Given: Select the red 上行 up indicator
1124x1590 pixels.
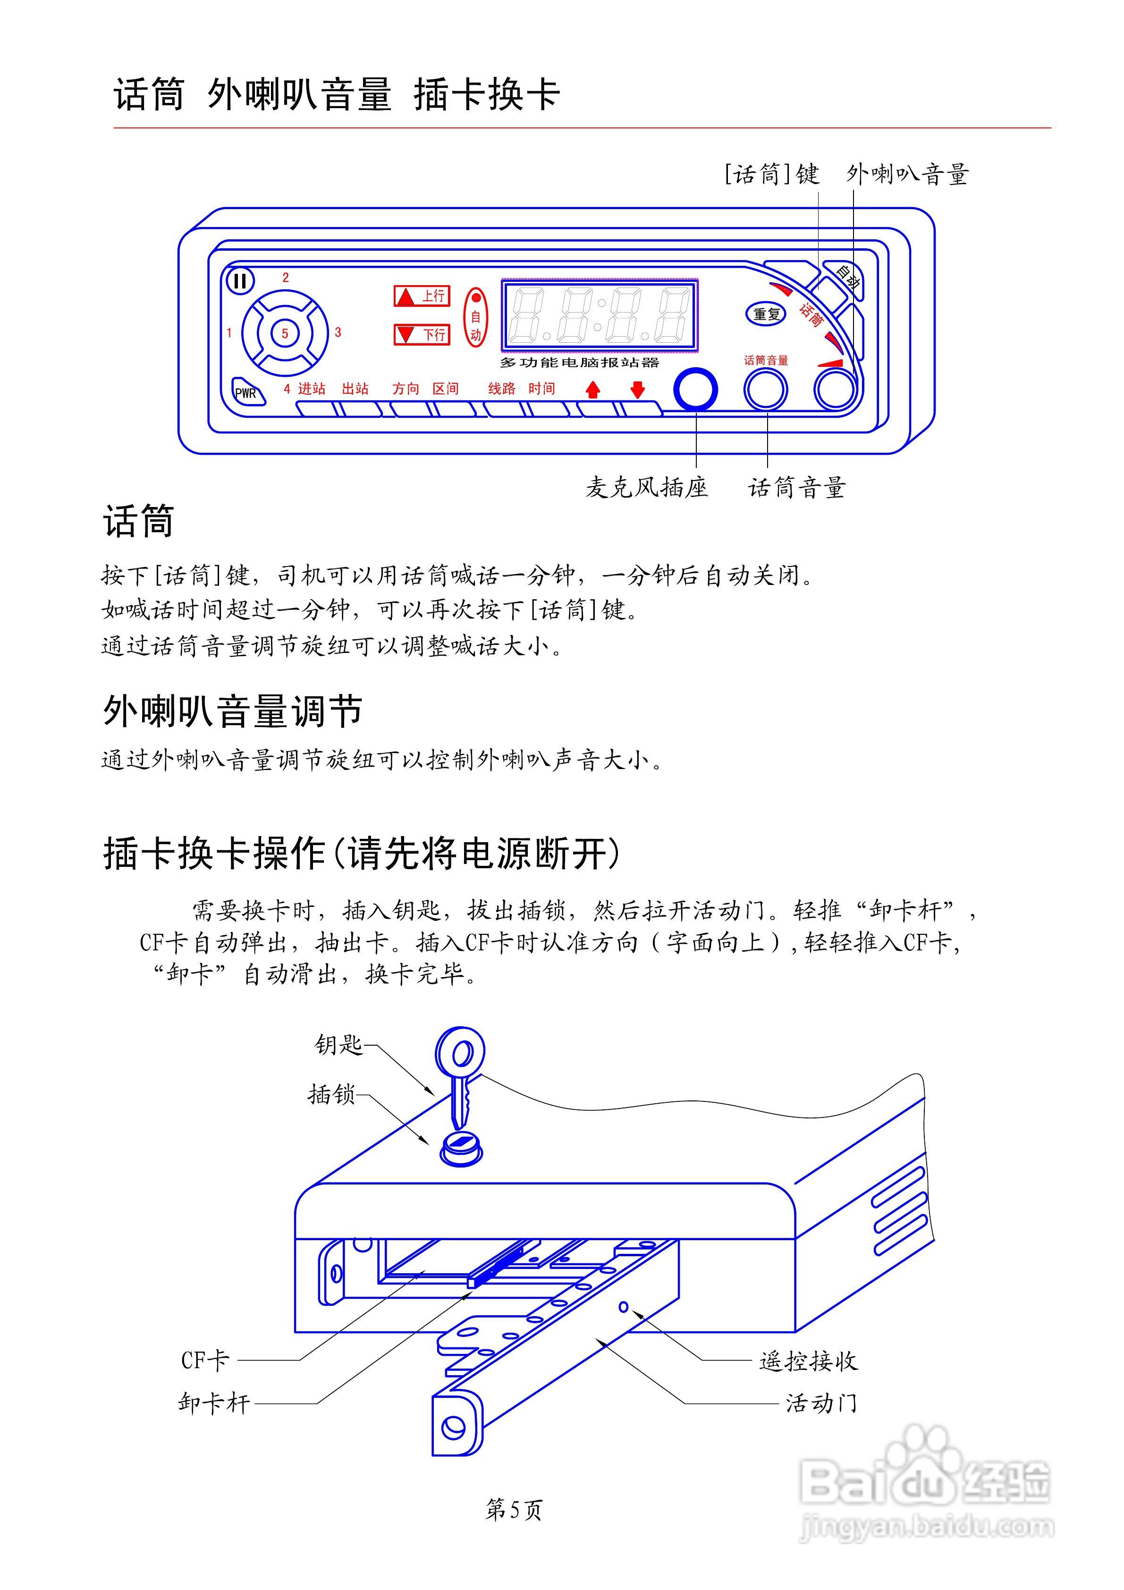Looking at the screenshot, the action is pos(422,296).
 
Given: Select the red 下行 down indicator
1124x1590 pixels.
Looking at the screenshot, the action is pos(422,335).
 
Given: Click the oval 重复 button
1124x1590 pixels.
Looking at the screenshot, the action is pos(766,314).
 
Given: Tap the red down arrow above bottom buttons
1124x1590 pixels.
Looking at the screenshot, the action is pos(637,390).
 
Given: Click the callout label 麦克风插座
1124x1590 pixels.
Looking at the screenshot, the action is pos(646,488).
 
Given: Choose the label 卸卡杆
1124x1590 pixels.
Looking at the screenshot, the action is pos(213,1404).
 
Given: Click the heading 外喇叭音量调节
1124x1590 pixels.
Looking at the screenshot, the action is pos(233,710).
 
